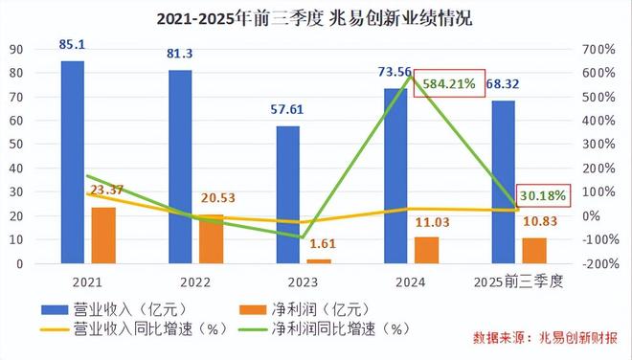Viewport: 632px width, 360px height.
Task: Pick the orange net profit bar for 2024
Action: [427, 250]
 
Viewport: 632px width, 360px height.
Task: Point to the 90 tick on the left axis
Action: [18, 49]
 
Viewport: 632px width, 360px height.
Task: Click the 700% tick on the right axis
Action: [598, 49]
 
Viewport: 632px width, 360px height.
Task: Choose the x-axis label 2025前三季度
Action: [518, 282]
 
